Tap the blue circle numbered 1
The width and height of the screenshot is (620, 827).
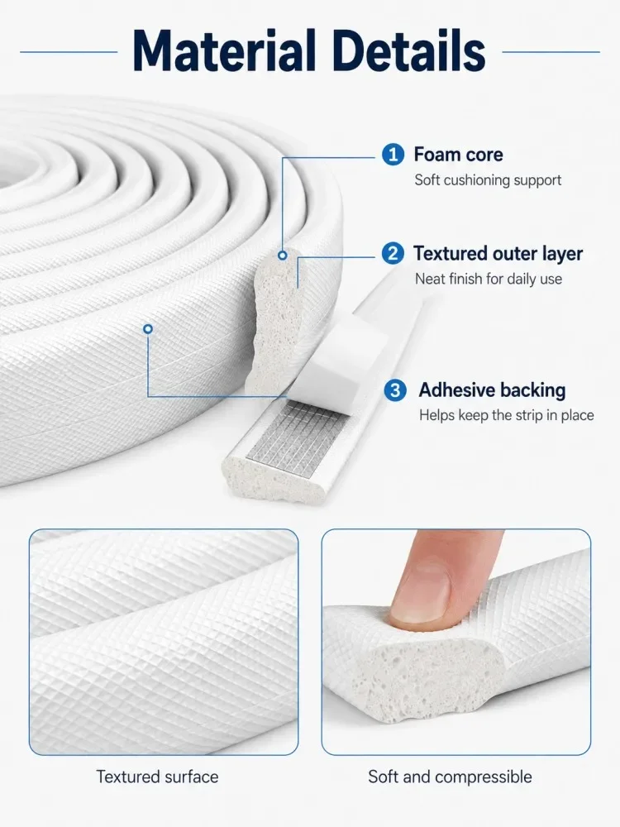click(x=393, y=155)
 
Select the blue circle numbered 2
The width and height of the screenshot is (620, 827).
click(x=393, y=254)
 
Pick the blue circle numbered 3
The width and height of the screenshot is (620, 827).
click(x=395, y=391)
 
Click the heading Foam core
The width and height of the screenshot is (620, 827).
click(x=458, y=155)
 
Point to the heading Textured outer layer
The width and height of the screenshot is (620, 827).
click(x=498, y=254)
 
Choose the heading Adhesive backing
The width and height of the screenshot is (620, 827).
click(x=492, y=390)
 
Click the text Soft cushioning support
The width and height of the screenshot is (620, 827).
click(x=488, y=180)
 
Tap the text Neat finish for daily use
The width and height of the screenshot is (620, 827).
click(x=489, y=279)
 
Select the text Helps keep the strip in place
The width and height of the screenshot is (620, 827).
click(x=507, y=415)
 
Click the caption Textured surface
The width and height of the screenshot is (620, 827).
click(x=157, y=777)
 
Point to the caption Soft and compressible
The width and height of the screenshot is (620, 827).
click(x=450, y=777)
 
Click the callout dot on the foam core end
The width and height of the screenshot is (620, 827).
click(x=283, y=256)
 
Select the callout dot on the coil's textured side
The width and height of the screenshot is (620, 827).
click(x=148, y=329)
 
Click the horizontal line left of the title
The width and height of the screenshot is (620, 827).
click(x=69, y=51)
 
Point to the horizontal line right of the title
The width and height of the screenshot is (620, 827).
click(x=551, y=51)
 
